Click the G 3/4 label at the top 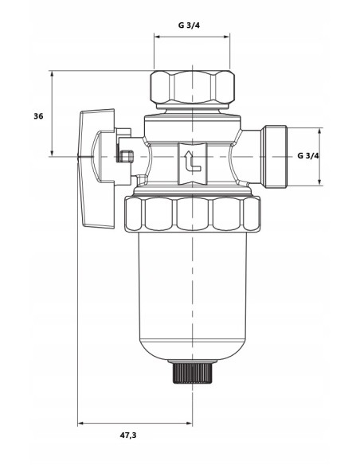pyautogui.click(x=189, y=25)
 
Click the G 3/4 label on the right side pyautogui.click(x=307, y=155)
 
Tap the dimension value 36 pyautogui.click(x=38, y=116)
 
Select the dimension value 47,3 pyautogui.click(x=127, y=436)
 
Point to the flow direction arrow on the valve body pyautogui.click(x=190, y=161)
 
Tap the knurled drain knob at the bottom pyautogui.click(x=192, y=371)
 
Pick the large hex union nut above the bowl pyautogui.click(x=192, y=213)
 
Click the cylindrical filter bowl pyautogui.click(x=192, y=295)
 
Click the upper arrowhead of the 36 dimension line pyautogui.click(x=52, y=74)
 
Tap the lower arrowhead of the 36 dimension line pyautogui.click(x=52, y=153)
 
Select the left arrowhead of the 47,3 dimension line pyautogui.click(x=80, y=423)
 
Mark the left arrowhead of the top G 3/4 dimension pyautogui.click(x=157, y=37)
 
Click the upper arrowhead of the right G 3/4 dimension pyautogui.click(x=321, y=130)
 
